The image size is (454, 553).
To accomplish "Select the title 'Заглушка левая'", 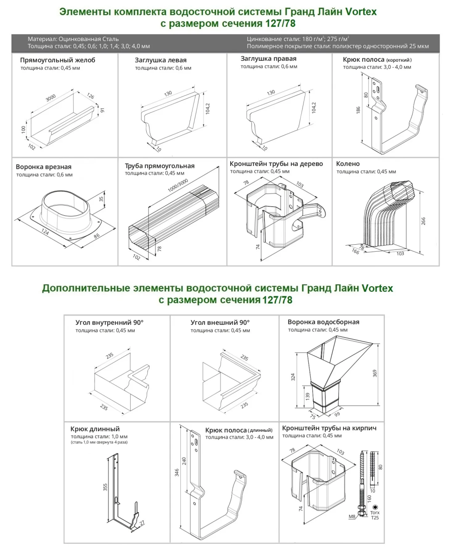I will tap(161, 60).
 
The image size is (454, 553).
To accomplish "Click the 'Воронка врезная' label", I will tap(43, 166).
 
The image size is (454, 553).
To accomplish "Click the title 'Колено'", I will tap(348, 164).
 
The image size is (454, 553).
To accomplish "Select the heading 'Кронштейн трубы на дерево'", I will tap(276, 164).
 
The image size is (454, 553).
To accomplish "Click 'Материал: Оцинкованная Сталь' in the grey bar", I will tap(72, 39).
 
